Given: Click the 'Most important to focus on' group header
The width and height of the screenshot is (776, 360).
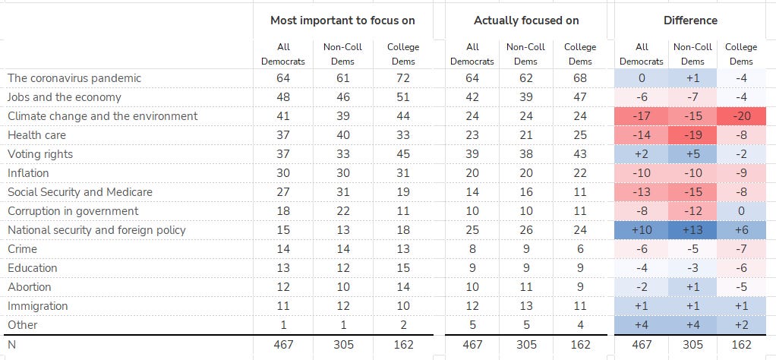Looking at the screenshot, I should pyautogui.click(x=342, y=21).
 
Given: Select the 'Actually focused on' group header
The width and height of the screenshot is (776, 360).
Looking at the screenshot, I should pyautogui.click(x=525, y=21).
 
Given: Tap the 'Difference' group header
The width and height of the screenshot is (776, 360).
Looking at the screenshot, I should pyautogui.click(x=690, y=21).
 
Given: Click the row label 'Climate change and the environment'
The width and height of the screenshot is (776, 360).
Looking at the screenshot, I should pyautogui.click(x=103, y=116).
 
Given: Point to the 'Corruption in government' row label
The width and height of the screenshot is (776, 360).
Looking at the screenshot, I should pyautogui.click(x=73, y=211).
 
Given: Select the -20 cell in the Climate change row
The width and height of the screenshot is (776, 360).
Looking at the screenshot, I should pyautogui.click(x=741, y=116).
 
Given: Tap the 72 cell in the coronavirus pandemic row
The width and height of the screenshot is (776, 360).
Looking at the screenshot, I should pyautogui.click(x=403, y=78).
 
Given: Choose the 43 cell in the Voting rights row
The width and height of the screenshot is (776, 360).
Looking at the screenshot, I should pyautogui.click(x=579, y=154).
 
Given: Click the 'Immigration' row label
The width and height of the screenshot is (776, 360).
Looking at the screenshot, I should pyautogui.click(x=37, y=306).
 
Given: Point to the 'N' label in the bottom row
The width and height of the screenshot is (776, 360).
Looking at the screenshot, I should pyautogui.click(x=11, y=344).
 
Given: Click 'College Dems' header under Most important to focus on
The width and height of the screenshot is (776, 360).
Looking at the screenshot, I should pyautogui.click(x=403, y=54).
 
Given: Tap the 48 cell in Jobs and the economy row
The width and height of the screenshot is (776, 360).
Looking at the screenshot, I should pyautogui.click(x=283, y=97).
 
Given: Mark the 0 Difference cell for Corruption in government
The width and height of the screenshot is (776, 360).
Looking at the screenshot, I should pyautogui.click(x=741, y=211).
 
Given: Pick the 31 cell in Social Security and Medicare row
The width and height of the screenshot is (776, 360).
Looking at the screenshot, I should pyautogui.click(x=343, y=192).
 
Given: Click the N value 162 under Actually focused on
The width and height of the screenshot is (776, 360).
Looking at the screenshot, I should pyautogui.click(x=579, y=344).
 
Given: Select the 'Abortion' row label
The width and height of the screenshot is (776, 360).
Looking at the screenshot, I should pyautogui.click(x=30, y=287).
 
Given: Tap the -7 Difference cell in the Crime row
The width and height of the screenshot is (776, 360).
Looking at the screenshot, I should pyautogui.click(x=741, y=249).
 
